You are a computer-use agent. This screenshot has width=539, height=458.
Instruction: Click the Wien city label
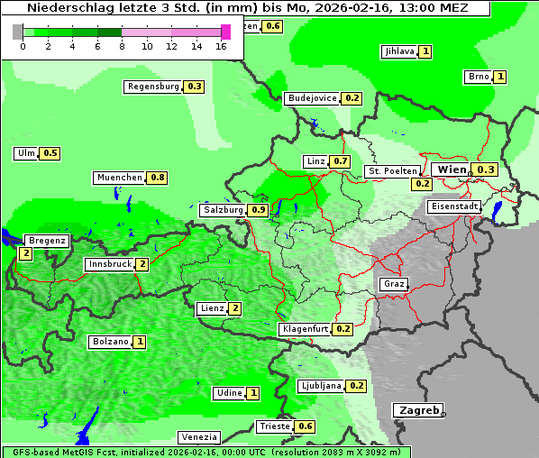point(452,169)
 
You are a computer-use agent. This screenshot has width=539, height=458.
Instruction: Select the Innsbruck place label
point(109,264)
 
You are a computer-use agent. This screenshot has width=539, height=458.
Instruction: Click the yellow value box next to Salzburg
point(258,210)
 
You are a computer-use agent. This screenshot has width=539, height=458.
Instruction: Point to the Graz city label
point(394,284)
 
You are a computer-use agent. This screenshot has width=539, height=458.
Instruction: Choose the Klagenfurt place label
point(305,329)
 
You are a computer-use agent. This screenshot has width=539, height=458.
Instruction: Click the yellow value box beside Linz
point(340,161)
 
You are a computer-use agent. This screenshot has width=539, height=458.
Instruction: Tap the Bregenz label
point(47,241)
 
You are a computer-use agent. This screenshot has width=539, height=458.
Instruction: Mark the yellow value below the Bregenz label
point(25,254)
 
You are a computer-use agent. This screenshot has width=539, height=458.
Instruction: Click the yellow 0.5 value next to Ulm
point(50,153)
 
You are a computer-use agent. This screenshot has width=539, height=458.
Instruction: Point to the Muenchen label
point(120,178)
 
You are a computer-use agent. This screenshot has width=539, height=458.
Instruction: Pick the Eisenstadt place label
point(454,206)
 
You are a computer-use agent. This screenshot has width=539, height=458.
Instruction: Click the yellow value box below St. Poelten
point(422,184)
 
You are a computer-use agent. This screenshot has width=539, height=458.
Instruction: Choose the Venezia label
point(198,437)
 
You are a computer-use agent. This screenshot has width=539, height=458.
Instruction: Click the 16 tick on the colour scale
point(222,45)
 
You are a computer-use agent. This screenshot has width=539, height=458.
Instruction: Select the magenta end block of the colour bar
point(225,32)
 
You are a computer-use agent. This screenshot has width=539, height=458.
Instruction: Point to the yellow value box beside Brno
point(499,77)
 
